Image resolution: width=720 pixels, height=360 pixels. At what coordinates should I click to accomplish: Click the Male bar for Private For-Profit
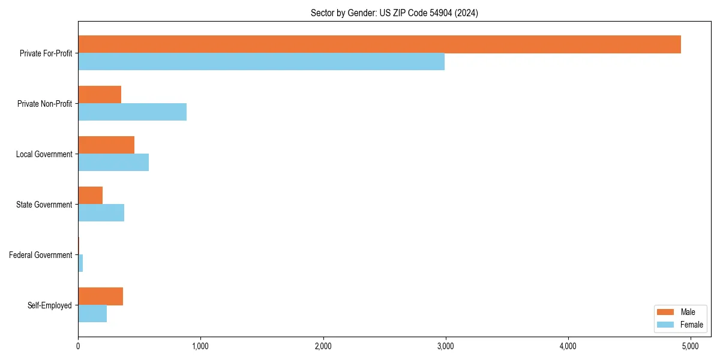(x=379, y=44)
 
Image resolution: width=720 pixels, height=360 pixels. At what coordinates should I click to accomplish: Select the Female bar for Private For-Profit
(x=261, y=62)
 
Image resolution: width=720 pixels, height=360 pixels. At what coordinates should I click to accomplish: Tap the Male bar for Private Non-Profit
(x=100, y=95)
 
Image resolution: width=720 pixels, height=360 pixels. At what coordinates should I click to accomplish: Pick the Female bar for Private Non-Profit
(x=132, y=112)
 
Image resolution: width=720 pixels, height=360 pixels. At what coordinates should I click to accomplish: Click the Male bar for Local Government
(x=106, y=145)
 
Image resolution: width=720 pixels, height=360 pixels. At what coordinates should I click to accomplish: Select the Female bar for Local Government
(x=113, y=163)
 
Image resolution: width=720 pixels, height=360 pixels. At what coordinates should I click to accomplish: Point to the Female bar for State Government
(x=101, y=213)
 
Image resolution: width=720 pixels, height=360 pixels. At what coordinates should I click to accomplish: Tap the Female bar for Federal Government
(x=80, y=263)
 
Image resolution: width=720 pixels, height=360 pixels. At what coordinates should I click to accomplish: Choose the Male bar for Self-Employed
(x=100, y=296)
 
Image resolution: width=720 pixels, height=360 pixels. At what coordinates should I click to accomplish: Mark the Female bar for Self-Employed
(x=92, y=314)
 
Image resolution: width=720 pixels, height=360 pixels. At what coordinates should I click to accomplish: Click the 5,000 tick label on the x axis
(x=690, y=346)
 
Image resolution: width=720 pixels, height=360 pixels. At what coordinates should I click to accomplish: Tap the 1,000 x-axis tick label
(x=200, y=346)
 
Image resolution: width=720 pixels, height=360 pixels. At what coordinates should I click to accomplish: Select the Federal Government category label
(x=41, y=255)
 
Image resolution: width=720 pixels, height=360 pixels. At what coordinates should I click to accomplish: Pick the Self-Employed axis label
(x=50, y=305)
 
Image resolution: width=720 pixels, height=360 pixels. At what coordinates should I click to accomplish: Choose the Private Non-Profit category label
(x=44, y=104)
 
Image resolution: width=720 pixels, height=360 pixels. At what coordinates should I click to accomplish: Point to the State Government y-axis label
(x=44, y=205)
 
